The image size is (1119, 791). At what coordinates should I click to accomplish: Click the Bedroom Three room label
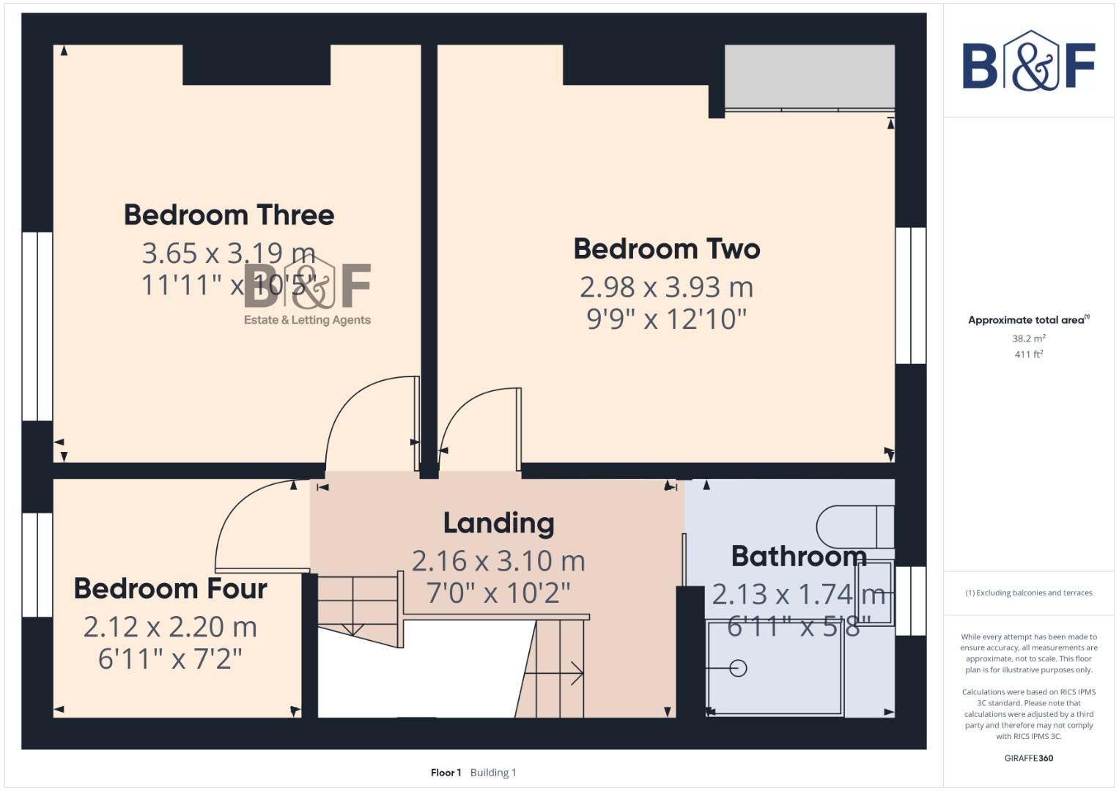tap(229, 215)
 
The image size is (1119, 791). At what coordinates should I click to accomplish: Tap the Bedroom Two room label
tap(666, 249)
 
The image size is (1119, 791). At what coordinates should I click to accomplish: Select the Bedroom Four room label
tap(170, 589)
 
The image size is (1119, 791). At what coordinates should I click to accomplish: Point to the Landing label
tap(498, 523)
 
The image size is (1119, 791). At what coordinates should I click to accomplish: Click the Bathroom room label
tap(799, 557)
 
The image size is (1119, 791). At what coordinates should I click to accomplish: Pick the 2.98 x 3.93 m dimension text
tap(666, 287)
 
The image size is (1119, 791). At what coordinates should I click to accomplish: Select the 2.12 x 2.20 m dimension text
tap(170, 627)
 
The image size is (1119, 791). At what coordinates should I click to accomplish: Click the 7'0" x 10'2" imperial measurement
tap(498, 593)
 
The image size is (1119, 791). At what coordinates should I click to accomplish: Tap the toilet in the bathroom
tap(854, 527)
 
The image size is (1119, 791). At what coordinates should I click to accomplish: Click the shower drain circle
tap(739, 668)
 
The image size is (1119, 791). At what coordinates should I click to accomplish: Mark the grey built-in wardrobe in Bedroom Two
tap(809, 77)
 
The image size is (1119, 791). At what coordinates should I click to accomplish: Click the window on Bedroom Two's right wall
tap(910, 295)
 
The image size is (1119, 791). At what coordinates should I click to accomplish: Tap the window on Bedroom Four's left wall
tap(37, 564)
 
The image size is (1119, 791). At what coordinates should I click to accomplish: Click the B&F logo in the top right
tap(1028, 62)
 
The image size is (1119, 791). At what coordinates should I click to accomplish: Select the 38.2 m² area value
tap(1028, 338)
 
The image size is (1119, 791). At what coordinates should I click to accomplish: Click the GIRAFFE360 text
tap(1028, 758)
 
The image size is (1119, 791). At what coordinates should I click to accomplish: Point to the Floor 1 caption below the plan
tap(446, 773)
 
